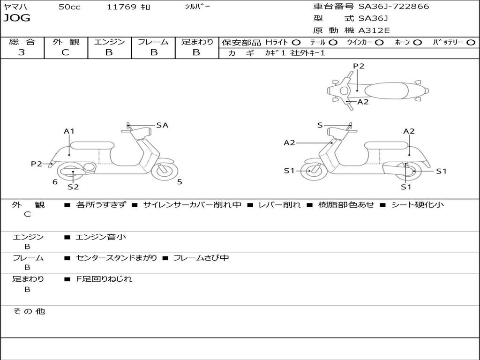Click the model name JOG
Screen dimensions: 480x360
coord(17,18)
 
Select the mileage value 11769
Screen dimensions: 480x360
coord(121,7)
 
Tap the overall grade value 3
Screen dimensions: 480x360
coord(22,52)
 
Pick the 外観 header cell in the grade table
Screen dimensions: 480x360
coord(66,42)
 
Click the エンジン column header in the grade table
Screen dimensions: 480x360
coord(109,42)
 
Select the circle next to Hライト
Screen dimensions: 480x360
coord(296,42)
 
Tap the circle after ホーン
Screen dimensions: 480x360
coord(417,42)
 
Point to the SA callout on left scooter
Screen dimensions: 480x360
coord(162,125)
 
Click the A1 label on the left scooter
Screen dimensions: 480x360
coord(69,131)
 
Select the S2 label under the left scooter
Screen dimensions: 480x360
coord(73,187)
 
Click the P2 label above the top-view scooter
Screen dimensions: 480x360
coord(359,66)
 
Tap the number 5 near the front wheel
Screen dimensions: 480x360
coord(180,182)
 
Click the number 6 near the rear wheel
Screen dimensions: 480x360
coord(55,182)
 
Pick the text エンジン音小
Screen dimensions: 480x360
coord(101,237)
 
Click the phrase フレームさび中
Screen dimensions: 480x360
coord(201,258)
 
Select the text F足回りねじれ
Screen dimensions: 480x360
coord(104,279)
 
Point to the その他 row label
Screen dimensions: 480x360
coord(29,311)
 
